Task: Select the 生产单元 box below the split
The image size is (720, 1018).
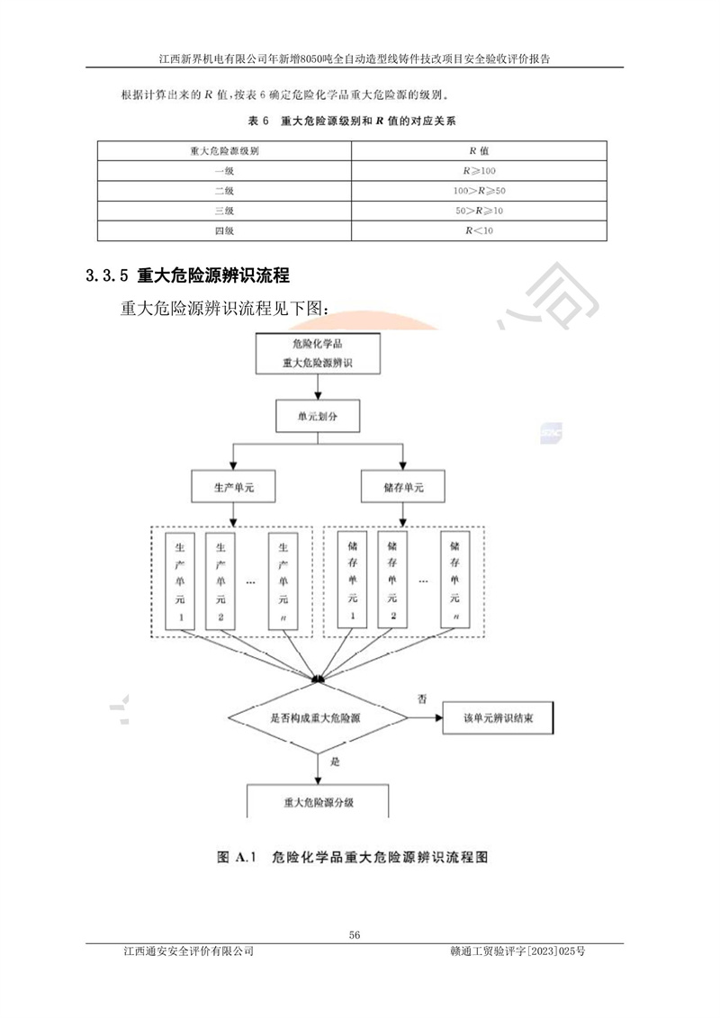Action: pyautogui.click(x=233, y=487)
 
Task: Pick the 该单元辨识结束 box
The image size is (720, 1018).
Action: pyautogui.click(x=499, y=718)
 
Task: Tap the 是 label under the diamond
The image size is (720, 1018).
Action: pyautogui.click(x=334, y=761)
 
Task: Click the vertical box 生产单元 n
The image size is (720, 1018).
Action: pyautogui.click(x=284, y=581)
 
